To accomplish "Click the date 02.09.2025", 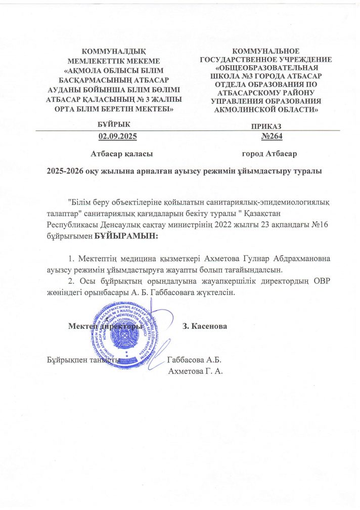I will point(117,137).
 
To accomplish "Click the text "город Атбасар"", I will point(269,153).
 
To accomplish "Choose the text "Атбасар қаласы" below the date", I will point(122,153).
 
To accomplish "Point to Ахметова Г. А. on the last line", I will point(198,371).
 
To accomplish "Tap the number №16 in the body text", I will point(321,226).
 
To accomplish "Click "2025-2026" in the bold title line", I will point(63,172).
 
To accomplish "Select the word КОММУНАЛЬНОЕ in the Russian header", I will point(266,51).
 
